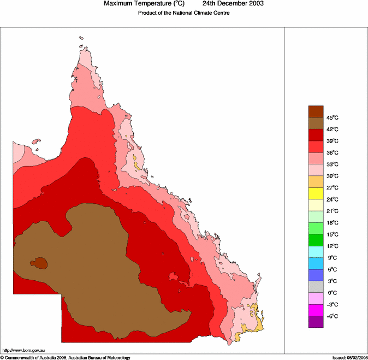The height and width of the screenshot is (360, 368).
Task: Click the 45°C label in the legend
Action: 333,117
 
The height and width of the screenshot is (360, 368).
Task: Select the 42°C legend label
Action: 333,129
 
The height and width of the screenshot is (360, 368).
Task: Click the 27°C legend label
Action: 333,188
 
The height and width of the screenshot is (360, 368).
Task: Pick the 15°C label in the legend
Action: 333,234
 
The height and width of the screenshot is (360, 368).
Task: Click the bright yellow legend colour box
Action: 316,193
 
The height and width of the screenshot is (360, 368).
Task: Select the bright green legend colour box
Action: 316,240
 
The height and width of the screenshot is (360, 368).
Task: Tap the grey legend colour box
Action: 316,287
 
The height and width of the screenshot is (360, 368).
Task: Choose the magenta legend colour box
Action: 316,310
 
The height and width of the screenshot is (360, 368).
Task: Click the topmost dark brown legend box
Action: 316,111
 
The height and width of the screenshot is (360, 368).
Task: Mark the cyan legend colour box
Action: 316,252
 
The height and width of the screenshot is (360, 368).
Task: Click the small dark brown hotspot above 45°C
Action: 40,263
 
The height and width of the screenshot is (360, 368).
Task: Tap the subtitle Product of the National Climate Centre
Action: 183,13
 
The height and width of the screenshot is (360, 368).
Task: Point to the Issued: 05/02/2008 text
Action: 349,357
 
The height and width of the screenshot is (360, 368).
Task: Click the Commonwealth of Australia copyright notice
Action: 66,357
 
